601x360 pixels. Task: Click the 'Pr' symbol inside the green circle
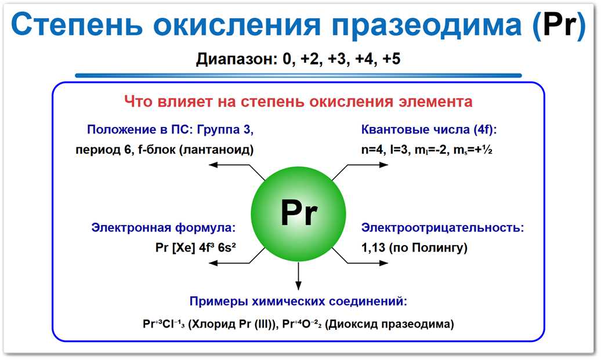(299, 214)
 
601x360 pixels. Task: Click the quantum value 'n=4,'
(372, 150)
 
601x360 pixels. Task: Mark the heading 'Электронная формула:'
(163, 227)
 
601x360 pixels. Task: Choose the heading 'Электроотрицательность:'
(443, 227)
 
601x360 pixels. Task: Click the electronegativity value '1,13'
(374, 248)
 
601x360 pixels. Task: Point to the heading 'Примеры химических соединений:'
(298, 301)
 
